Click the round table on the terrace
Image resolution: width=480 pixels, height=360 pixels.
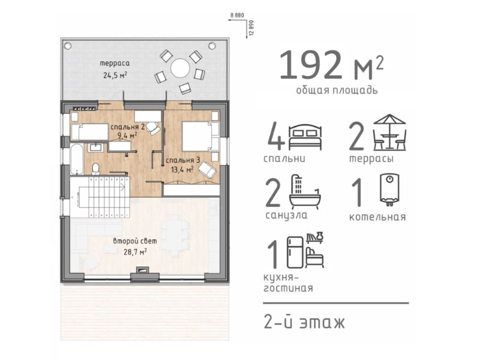pyautogui.click(x=181, y=68)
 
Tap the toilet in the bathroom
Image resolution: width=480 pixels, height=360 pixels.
pyautogui.click(x=96, y=169)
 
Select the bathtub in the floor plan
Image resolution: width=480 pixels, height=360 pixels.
pyautogui.click(x=77, y=159)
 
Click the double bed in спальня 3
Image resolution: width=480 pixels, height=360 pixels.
pyautogui.click(x=200, y=136)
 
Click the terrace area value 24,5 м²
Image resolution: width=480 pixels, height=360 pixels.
pyautogui.click(x=115, y=75)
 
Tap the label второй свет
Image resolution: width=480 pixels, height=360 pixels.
pyautogui.click(x=135, y=241)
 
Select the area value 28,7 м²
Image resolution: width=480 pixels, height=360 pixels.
pyautogui.click(x=135, y=251)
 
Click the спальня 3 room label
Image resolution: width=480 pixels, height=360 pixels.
pyautogui.click(x=183, y=160)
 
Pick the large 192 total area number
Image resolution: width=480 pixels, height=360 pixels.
pyautogui.click(x=310, y=65)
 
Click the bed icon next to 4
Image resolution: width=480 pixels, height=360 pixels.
pyautogui.click(x=305, y=137)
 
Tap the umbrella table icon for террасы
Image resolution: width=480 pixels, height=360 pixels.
pyautogui.click(x=389, y=132)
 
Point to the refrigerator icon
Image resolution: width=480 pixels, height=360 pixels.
pyautogui.click(x=295, y=253)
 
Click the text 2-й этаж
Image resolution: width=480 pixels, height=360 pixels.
pyautogui.click(x=304, y=322)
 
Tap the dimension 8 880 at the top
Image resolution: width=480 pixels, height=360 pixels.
pyautogui.click(x=237, y=15)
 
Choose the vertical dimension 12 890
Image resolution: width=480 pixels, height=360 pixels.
pyautogui.click(x=251, y=28)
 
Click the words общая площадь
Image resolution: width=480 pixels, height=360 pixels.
pyautogui.click(x=337, y=91)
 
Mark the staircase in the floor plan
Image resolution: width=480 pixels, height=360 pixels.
pyautogui.click(x=100, y=197)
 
